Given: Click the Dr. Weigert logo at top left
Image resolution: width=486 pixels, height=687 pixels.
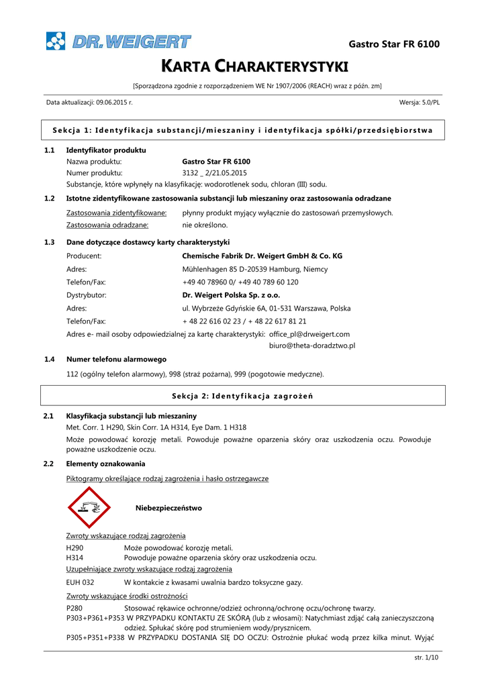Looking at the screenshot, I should [118, 41].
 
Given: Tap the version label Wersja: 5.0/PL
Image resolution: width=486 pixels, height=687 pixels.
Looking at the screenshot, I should [420, 102].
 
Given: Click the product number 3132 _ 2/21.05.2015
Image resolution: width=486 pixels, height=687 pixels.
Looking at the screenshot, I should [215, 172].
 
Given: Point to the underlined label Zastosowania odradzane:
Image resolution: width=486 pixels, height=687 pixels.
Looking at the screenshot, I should [107, 225].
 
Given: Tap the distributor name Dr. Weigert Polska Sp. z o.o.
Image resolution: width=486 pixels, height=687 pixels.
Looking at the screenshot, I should [231, 295].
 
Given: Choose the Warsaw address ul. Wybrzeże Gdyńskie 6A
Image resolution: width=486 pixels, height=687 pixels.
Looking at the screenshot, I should [266, 308].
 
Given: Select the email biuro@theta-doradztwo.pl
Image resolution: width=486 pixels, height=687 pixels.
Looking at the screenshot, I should [311, 345].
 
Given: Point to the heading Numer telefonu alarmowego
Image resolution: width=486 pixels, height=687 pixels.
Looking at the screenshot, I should [116, 359].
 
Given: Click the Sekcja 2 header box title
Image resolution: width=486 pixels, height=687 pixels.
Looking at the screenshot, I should [242, 396].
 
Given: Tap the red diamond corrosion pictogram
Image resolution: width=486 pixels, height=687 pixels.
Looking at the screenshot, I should [89, 508].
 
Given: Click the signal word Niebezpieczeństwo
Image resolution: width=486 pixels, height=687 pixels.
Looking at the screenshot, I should [168, 508].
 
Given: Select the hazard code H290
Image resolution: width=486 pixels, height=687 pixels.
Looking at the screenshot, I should [75, 547].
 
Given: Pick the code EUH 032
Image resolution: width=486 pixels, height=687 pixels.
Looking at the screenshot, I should [80, 582].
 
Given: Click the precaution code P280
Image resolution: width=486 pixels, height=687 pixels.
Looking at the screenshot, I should [75, 608].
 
